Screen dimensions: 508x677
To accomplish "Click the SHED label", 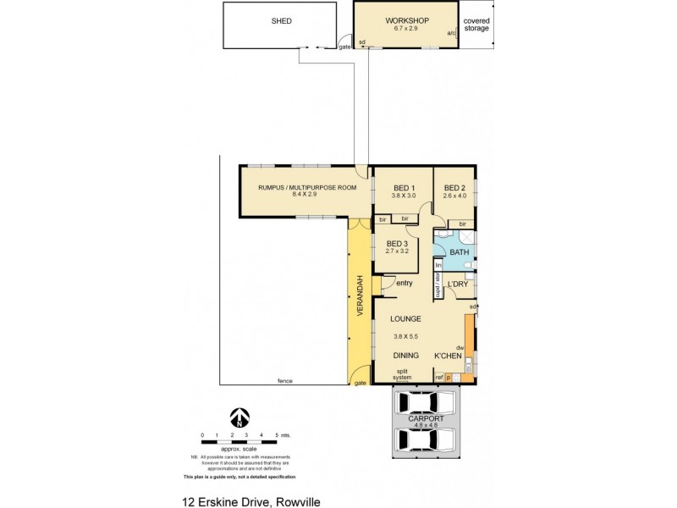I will [x=281, y=21].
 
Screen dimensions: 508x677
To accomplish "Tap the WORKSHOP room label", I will [x=407, y=20].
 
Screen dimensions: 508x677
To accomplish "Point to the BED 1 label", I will [x=403, y=188].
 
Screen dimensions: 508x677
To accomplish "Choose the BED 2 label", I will [x=454, y=188].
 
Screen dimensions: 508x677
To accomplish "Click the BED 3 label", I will [x=397, y=245].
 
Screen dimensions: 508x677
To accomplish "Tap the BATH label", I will [x=459, y=252].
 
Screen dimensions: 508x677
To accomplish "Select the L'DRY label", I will [x=458, y=284].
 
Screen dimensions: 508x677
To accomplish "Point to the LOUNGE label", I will [x=405, y=319].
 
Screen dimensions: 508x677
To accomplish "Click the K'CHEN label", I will [x=448, y=356].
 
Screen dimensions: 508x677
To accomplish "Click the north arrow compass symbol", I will [x=240, y=417].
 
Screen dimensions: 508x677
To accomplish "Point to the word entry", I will [x=404, y=283].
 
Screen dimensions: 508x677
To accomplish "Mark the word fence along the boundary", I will [x=284, y=381].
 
